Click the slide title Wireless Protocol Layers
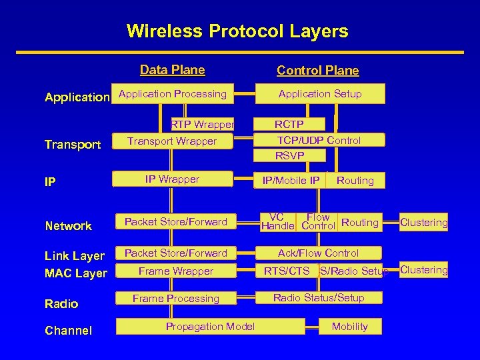click(237, 31)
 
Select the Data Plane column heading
click(173, 69)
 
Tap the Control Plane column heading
click(318, 71)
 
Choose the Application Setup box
click(320, 94)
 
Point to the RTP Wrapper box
click(202, 124)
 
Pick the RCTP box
click(289, 124)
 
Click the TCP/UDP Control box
click(319, 140)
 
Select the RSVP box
click(290, 155)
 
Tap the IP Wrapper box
click(173, 179)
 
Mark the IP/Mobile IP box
click(291, 180)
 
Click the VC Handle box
click(277, 222)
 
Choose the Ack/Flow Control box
click(319, 253)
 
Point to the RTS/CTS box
click(287, 271)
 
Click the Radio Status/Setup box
click(319, 298)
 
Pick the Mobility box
click(350, 326)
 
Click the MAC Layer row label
click(76, 273)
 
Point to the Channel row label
click(69, 331)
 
